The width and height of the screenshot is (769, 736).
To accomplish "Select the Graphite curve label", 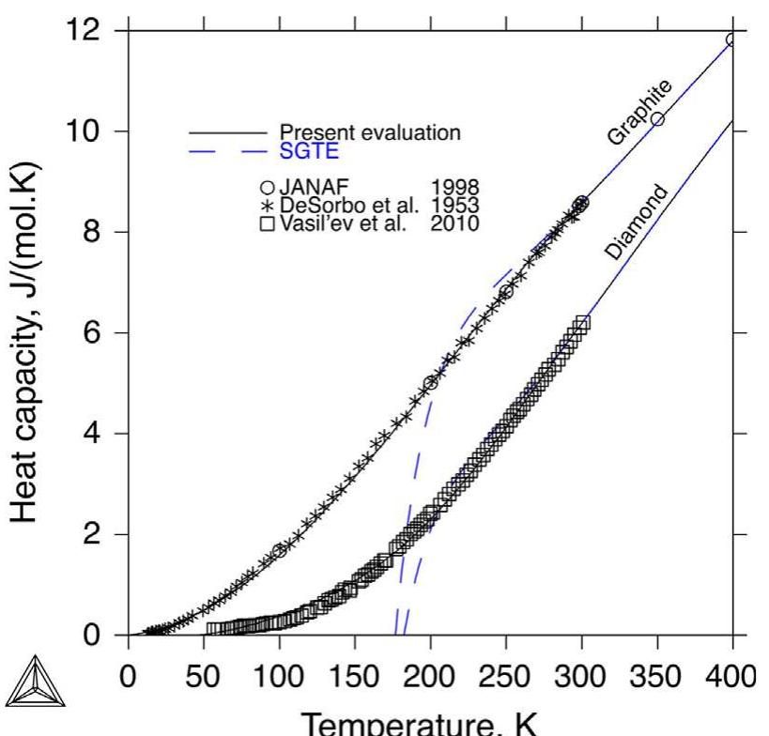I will (639, 113).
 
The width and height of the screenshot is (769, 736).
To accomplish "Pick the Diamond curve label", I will (636, 222).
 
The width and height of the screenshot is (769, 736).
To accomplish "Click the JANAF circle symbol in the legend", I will (271, 186).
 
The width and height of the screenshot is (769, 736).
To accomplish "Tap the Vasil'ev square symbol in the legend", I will (271, 223).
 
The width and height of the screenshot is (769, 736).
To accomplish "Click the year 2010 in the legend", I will (454, 223).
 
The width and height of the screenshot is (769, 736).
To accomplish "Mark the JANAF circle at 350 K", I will (657, 119).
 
